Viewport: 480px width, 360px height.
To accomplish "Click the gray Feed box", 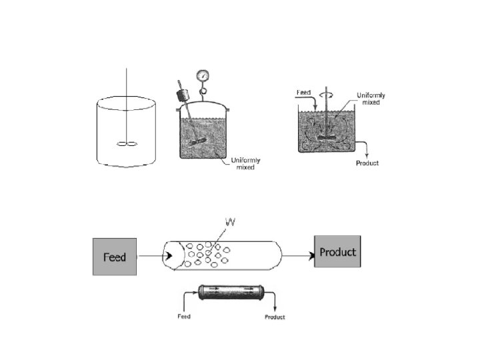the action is tap(115, 257).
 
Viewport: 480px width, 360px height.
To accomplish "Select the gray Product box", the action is tap(337, 253).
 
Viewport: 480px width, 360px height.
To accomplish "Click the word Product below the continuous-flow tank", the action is tap(366, 163).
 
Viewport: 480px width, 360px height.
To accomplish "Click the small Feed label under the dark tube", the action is tap(183, 316).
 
